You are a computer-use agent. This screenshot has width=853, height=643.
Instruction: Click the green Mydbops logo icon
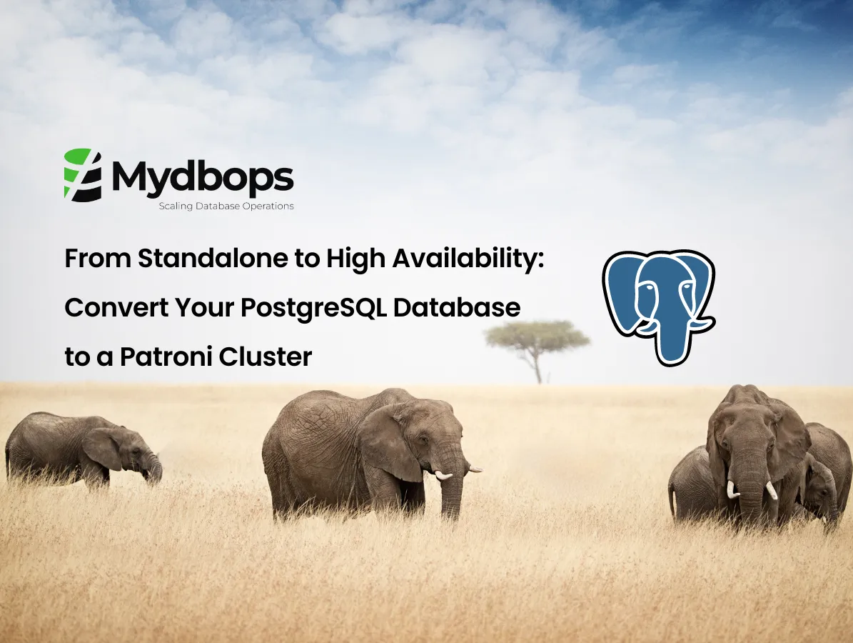[x=83, y=174]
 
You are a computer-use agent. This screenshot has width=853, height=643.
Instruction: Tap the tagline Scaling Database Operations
[x=226, y=206]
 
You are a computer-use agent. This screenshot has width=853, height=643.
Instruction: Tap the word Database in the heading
[x=457, y=308]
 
